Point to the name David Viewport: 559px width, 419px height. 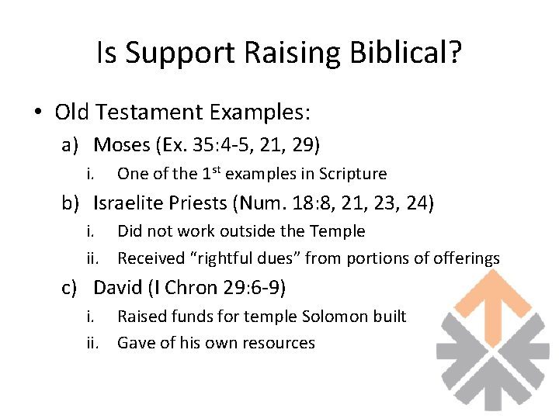coord(118,288)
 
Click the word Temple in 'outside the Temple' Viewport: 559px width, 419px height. coord(338,231)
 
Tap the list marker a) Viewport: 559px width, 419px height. coord(71,145)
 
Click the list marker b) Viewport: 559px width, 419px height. coord(71,203)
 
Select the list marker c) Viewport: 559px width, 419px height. coord(71,288)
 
